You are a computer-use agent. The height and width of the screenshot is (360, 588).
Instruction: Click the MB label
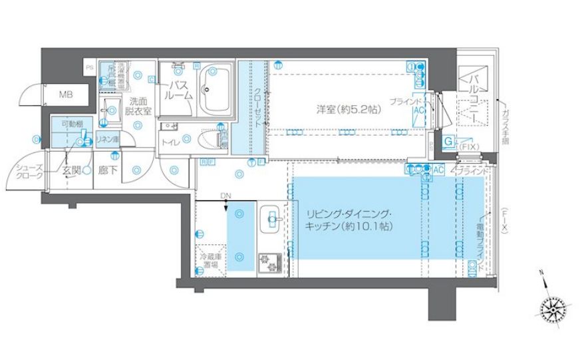click(x=65, y=94)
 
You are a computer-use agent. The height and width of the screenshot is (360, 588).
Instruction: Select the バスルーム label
click(x=180, y=90)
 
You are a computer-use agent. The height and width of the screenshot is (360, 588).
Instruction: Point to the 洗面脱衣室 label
click(x=140, y=107)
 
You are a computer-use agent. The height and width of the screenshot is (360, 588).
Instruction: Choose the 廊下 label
click(x=106, y=170)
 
